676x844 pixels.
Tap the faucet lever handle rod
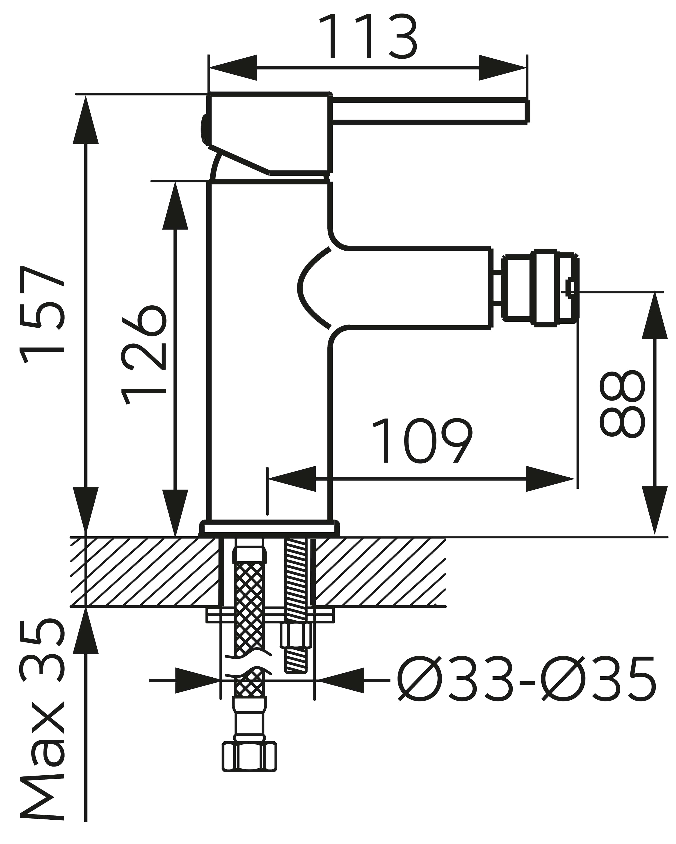click(429, 111)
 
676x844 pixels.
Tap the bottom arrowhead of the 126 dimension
click(175, 513)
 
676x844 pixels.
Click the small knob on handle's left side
click(204, 129)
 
